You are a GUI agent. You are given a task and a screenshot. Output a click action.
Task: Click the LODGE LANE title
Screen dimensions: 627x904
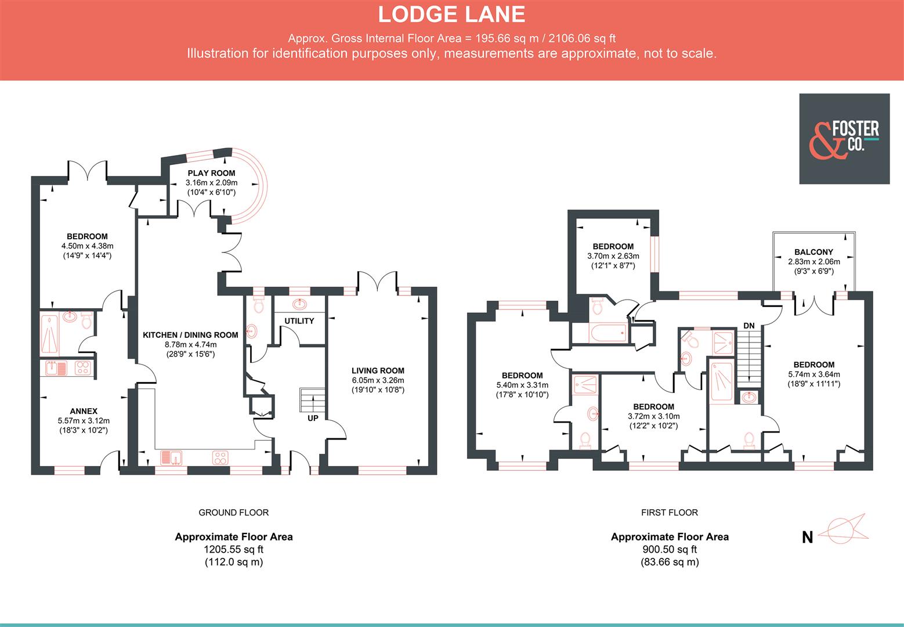[451, 14]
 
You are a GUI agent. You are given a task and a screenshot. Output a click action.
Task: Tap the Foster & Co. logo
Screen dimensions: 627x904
[844, 139]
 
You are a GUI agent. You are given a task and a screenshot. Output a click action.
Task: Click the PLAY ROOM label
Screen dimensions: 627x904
[211, 173]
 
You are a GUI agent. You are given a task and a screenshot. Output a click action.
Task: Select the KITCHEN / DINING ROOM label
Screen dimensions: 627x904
[190, 334]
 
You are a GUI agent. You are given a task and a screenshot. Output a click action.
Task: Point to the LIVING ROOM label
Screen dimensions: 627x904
[378, 370]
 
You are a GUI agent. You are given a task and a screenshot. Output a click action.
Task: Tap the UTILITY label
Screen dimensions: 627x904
[299, 321]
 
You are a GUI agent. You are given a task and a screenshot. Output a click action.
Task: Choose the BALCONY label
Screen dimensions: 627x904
[813, 252]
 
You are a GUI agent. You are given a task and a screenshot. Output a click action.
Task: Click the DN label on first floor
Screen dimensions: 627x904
[748, 326]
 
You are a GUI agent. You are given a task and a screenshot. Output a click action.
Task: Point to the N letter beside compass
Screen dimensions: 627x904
[807, 538]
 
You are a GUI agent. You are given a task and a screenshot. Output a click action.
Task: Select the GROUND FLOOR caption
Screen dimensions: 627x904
[233, 513]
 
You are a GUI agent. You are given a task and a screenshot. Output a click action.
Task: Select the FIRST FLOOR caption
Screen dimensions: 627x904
[669, 513]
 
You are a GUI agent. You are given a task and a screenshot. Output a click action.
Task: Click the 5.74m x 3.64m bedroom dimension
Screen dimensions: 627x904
[813, 374]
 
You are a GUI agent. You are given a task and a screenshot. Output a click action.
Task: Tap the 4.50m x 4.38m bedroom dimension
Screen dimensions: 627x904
[87, 246]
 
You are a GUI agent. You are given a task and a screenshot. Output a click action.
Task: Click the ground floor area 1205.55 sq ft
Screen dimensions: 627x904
[233, 549]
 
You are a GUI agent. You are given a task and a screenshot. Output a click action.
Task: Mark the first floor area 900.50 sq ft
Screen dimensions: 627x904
[669, 549]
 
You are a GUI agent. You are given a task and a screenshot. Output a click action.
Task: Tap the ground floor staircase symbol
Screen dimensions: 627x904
[310, 399]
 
